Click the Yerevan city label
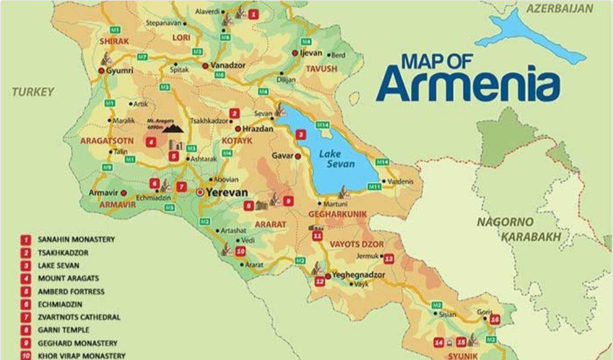click(x=227, y=192)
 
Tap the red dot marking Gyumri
click(x=101, y=71)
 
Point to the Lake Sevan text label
click(x=337, y=158)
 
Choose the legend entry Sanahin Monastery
click(x=76, y=240)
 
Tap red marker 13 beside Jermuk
click(x=389, y=259)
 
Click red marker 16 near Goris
click(x=495, y=319)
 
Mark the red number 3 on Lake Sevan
click(x=301, y=135)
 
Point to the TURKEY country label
click(x=33, y=91)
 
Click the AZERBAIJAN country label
click(x=559, y=9)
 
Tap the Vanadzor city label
click(x=228, y=65)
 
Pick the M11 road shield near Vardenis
click(x=374, y=186)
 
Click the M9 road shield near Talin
click(x=107, y=167)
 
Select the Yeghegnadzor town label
click(x=358, y=275)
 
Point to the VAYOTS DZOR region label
click(x=357, y=244)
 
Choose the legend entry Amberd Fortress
click(x=71, y=291)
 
